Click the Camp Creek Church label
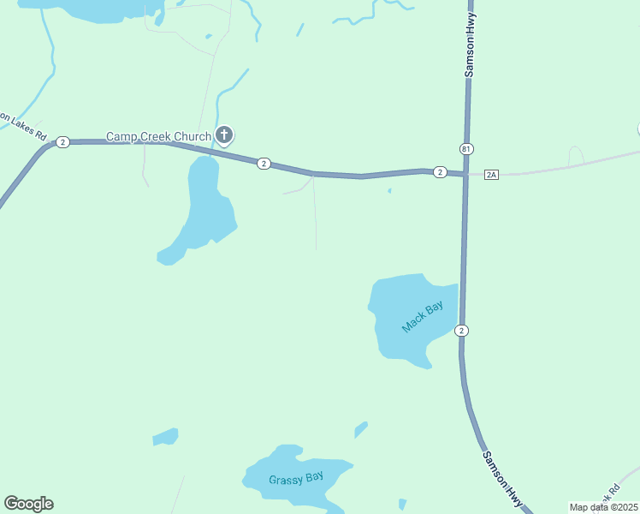click(x=158, y=136)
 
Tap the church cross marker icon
click(x=224, y=134)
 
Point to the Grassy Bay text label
click(x=296, y=478)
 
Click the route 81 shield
click(x=465, y=149)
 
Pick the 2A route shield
click(x=491, y=174)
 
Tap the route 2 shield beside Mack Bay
click(x=462, y=331)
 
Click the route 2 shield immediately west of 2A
click(x=439, y=172)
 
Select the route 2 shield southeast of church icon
click(x=264, y=164)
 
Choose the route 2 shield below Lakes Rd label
click(x=62, y=142)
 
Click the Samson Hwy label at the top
click(x=470, y=51)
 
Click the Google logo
click(x=28, y=504)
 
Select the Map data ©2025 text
click(x=603, y=507)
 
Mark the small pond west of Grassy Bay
click(x=166, y=437)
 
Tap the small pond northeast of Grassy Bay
click(x=361, y=428)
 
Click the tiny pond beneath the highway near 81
click(x=389, y=191)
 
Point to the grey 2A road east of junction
click(x=565, y=164)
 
